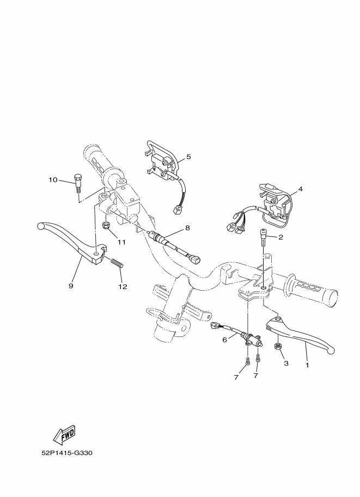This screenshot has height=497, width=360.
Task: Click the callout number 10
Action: [53, 180]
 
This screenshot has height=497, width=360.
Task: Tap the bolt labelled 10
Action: [77, 183]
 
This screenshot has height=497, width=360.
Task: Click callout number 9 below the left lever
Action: [71, 286]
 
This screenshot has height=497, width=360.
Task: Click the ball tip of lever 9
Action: [40, 226]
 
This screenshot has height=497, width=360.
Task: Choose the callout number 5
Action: [188, 157]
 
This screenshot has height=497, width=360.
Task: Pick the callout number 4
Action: [300, 189]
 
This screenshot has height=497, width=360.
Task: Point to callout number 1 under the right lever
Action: [307, 365]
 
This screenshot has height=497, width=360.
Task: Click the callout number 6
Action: [224, 340]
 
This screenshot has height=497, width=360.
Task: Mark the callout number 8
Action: [187, 228]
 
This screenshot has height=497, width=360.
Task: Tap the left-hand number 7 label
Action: [236, 378]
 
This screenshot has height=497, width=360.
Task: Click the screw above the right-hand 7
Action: [257, 359]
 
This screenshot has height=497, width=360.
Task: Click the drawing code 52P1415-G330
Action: [66, 453]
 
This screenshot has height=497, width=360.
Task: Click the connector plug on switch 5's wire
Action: [176, 210]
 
